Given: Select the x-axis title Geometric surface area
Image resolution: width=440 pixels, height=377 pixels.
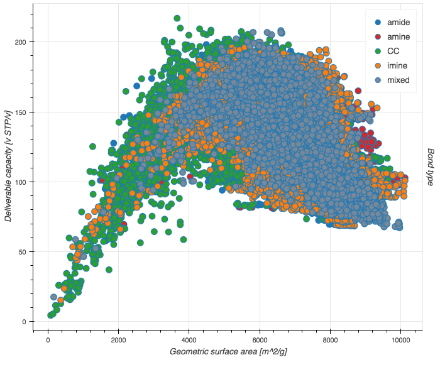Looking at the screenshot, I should pos(228,351).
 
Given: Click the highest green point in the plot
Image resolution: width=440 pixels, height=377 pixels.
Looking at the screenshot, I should pos(177,19).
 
